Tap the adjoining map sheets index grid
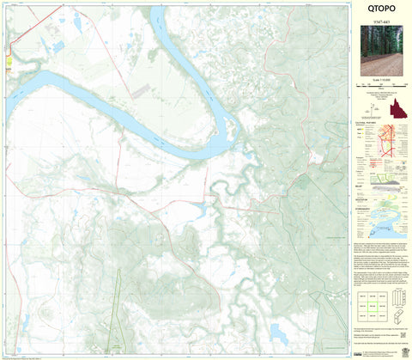pos(371,306)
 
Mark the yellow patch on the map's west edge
pos(8,60)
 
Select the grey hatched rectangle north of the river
pos(141,89)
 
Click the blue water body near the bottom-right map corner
pos(280,331)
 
